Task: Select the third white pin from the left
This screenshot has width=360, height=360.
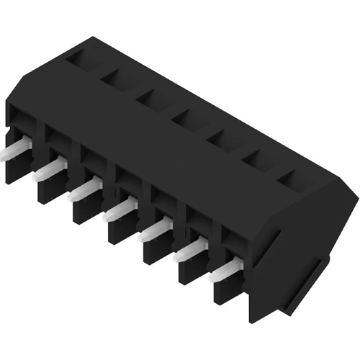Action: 85,189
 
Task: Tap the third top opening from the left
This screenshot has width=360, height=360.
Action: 153,96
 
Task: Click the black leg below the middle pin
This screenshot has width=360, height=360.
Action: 121,232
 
